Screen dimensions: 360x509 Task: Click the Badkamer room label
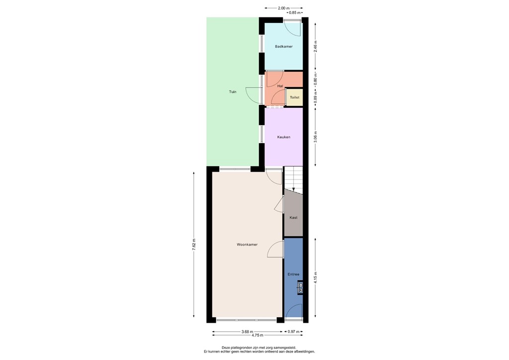pos(284,46)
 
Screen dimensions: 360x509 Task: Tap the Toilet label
pos(295,97)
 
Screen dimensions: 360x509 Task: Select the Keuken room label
pos(284,137)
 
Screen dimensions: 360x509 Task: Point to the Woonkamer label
pos(247,245)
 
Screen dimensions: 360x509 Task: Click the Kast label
pos(293,217)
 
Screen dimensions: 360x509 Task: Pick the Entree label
pos(293,274)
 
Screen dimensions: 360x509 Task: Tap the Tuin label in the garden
pos(233,91)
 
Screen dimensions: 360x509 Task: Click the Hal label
pos(280,86)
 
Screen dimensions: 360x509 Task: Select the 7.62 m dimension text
pos(194,245)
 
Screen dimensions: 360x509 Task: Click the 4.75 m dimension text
pos(257,337)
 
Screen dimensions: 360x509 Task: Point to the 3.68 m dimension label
pos(247,332)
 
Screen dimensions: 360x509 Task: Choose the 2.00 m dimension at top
pos(283,8)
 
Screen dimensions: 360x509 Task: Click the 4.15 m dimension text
pos(316,278)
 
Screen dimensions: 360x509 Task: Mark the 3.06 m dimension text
pos(316,137)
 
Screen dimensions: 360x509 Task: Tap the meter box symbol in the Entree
pos(300,287)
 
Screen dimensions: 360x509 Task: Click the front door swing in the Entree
pos(294,311)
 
